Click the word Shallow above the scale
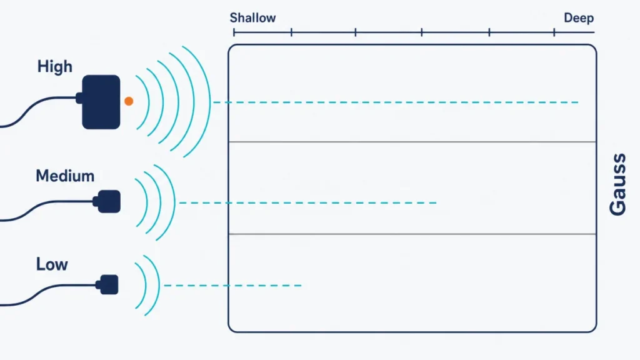252,18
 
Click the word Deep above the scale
579,18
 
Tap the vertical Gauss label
618,184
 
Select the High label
55,66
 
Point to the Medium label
65,176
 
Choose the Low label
52,264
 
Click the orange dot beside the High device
129,101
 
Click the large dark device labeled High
101,102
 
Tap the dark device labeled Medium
108,201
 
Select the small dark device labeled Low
108,284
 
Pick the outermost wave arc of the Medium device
174,202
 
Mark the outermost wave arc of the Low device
158,285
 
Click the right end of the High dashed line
578,102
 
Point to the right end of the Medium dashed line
436,203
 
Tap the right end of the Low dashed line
301,286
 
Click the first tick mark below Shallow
234,32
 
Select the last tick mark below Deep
554,32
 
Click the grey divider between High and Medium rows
412,142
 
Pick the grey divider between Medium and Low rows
412,234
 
